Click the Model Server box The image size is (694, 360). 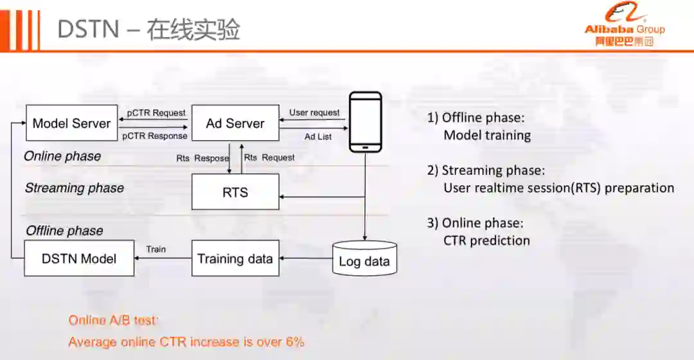(x=71, y=123)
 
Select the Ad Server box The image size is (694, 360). (x=235, y=123)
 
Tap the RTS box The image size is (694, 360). (x=235, y=192)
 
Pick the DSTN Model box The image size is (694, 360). (x=79, y=258)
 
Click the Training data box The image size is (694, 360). (x=235, y=258)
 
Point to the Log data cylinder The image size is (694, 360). (x=364, y=259)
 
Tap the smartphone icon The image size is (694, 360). (x=365, y=122)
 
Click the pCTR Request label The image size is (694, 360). (x=156, y=113)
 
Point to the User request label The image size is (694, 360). (x=314, y=113)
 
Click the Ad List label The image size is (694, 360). (x=318, y=136)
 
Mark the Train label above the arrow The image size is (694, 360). (x=156, y=249)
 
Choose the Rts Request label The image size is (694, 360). (x=269, y=157)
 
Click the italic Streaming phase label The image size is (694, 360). (x=75, y=188)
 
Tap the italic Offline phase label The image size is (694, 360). (x=64, y=230)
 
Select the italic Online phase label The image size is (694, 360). (x=62, y=156)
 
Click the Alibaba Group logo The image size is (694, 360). (x=624, y=26)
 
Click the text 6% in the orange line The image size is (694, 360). (x=295, y=341)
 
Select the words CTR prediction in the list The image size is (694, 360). (x=486, y=240)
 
